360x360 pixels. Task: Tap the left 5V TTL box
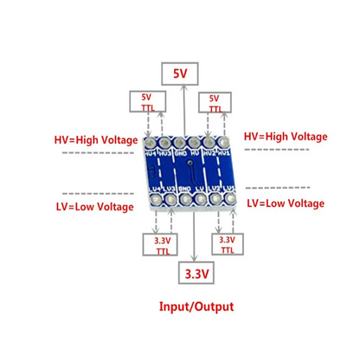[145, 103]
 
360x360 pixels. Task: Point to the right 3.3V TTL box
[227, 245]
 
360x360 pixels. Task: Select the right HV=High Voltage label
[286, 137]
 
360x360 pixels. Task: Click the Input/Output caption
[196, 306]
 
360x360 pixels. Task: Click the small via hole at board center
[190, 162]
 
